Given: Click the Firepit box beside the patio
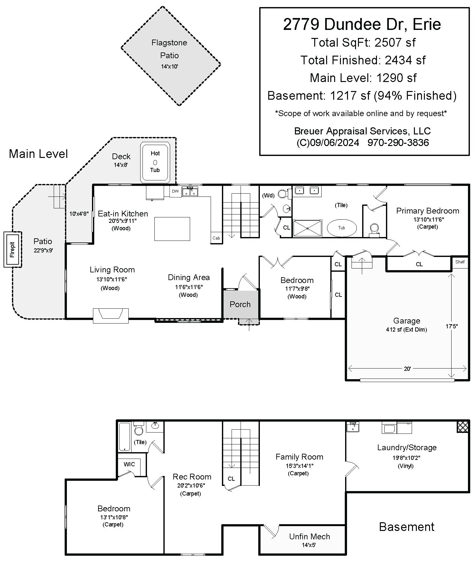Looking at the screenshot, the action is click(13, 250).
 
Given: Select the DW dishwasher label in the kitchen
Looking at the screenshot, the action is click(175, 191).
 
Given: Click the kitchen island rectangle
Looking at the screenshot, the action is click(172, 229).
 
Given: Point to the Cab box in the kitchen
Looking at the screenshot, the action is click(216, 238).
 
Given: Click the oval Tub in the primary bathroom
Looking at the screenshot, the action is click(342, 228).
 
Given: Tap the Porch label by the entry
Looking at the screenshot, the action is click(240, 304).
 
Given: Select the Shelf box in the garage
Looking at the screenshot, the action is click(460, 262).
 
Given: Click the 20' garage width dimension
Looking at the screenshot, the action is click(407, 369).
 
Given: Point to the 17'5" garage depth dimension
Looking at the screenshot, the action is click(452, 326).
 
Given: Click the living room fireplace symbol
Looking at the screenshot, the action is click(111, 315).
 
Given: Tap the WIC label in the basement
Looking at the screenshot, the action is click(129, 464).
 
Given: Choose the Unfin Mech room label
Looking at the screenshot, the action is click(309, 536).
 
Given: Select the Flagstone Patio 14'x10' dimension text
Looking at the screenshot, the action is click(169, 67).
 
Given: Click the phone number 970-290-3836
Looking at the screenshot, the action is click(398, 142).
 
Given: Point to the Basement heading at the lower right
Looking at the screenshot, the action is click(407, 527).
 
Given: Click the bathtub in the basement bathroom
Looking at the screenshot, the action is click(124, 437).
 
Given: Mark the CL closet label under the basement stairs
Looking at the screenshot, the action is click(231, 479).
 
